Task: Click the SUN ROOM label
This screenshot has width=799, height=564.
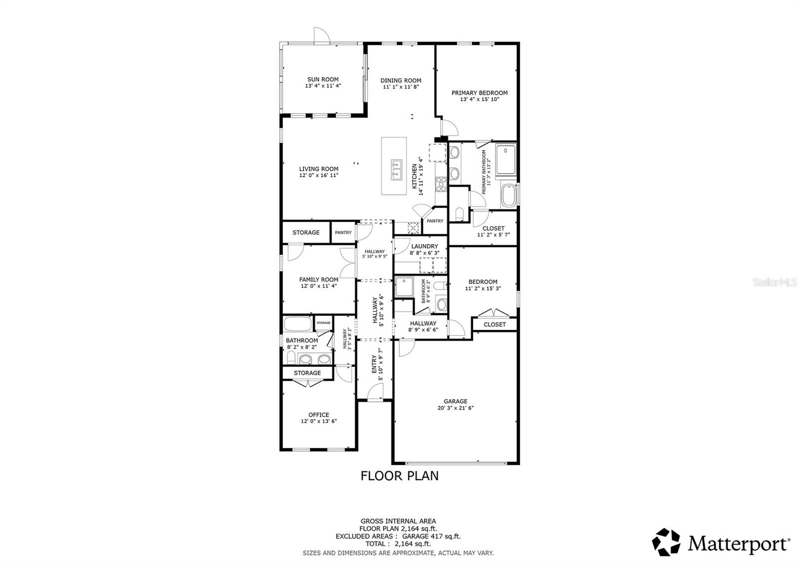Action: coord(323,79)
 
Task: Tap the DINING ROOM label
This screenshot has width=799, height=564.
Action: coord(400,80)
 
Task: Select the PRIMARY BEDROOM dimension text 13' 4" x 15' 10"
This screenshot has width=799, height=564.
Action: coord(479,99)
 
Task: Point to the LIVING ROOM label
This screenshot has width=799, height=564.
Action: coord(319,169)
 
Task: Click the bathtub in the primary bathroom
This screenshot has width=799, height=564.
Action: coord(508,196)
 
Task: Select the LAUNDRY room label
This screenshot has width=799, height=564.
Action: coord(424,246)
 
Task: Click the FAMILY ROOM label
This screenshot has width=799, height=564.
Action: coord(319,280)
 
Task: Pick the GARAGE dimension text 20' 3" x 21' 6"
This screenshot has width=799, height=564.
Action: coord(455,408)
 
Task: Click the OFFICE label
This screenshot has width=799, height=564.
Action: coord(319,415)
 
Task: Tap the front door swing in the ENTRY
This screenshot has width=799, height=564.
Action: coord(375,394)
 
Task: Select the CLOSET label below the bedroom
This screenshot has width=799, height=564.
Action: coord(494,324)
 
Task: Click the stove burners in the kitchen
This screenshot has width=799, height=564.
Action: coord(441,185)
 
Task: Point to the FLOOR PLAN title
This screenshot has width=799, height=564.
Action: coord(399,476)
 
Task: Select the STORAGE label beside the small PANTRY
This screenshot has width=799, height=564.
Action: coord(306,233)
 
